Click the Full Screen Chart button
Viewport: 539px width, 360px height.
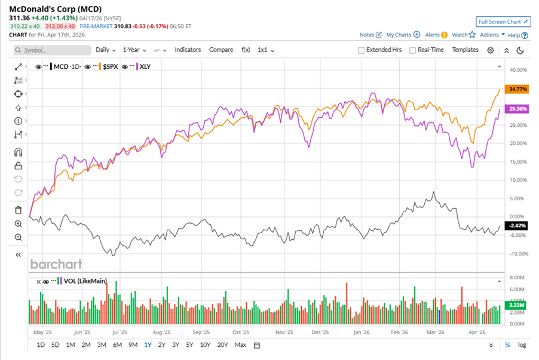coord(504,22)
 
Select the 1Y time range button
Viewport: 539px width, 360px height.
coord(148,345)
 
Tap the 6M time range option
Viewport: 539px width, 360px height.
coord(117,345)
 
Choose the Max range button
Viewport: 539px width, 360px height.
coord(240,345)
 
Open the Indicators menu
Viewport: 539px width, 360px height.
coord(188,50)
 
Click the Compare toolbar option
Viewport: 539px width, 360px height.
coord(221,50)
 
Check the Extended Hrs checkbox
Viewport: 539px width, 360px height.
coord(361,50)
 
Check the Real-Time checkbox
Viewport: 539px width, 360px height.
coord(412,50)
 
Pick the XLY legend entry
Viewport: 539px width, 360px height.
coord(144,66)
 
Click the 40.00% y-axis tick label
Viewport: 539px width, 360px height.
coord(517,70)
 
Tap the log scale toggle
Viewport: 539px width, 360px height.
coord(522,345)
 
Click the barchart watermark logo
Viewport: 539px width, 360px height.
coord(56,264)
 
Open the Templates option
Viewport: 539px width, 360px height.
coord(465,50)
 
